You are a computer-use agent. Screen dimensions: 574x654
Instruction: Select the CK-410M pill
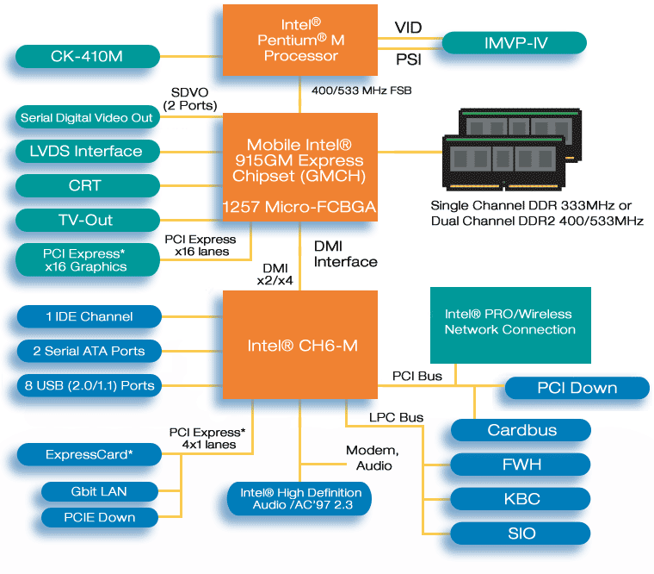tap(88, 58)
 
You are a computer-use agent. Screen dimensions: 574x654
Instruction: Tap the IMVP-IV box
tap(514, 42)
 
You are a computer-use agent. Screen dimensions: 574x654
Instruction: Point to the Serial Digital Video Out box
tap(88, 117)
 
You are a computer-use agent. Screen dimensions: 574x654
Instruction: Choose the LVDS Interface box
tap(88, 152)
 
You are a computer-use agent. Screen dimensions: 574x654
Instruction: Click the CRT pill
tap(88, 185)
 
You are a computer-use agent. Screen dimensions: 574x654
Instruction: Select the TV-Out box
tap(88, 220)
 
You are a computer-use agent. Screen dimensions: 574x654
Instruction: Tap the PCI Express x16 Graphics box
tap(88, 260)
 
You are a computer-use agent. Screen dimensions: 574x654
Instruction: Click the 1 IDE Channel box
tap(89, 316)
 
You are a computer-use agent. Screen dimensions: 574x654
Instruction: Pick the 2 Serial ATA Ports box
tap(89, 351)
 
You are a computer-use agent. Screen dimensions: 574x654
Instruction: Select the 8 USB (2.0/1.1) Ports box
tap(89, 385)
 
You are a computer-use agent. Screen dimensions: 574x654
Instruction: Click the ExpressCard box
tap(89, 454)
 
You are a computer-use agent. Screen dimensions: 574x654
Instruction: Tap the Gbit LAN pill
tap(101, 491)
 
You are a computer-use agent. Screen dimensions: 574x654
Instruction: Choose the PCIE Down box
tap(101, 517)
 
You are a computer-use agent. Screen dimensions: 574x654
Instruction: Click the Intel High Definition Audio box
tap(300, 499)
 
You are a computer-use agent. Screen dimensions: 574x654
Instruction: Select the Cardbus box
tap(521, 430)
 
